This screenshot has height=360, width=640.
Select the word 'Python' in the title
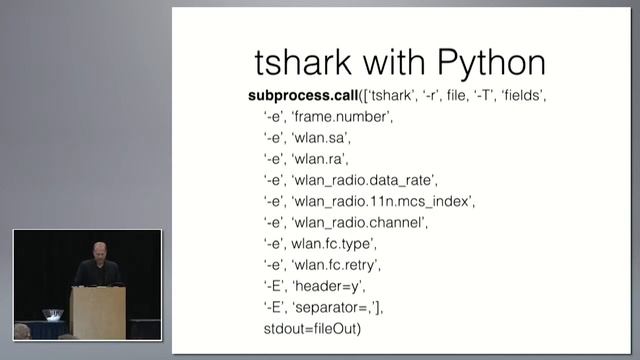pyautogui.click(x=483, y=63)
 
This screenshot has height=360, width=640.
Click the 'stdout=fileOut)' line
pyautogui.click(x=306, y=328)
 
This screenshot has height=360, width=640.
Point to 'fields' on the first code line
pyautogui.click(x=522, y=96)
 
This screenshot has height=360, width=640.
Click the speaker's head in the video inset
pyautogui.click(x=97, y=251)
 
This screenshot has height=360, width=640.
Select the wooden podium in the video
pyautogui.click(x=97, y=310)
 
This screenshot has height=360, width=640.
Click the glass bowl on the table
pyautogui.click(x=52, y=315)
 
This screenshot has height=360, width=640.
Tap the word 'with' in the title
pyautogui.click(x=392, y=63)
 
